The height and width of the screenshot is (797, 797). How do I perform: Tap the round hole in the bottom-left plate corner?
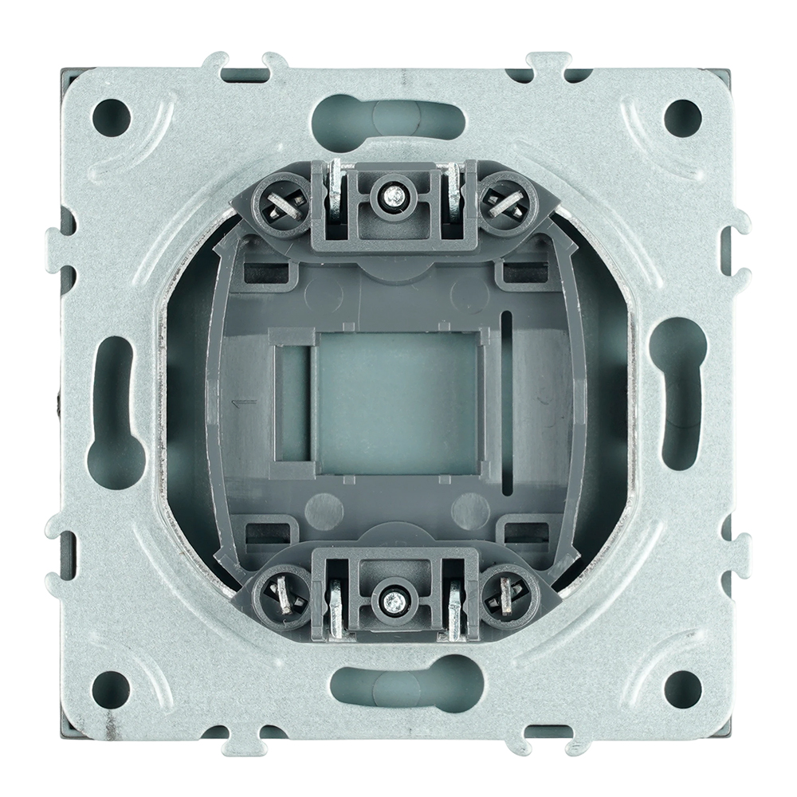113,685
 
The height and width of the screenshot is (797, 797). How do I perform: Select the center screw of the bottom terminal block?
391,599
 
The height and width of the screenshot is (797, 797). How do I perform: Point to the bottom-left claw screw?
283,595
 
